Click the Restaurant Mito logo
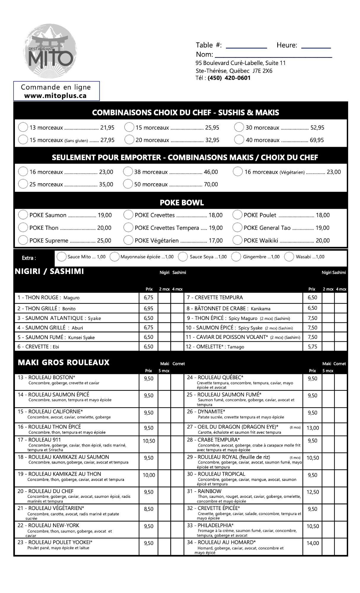50,51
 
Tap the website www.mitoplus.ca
55,96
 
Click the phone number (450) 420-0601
229,78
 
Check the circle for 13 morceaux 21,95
23,127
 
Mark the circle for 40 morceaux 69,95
239,140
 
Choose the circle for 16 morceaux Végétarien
238,171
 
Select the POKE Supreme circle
23,240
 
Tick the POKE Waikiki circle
237,240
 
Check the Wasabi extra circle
289,257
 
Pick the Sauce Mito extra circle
61,257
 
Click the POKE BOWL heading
182,203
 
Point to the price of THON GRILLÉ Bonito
149,309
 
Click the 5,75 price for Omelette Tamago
312,347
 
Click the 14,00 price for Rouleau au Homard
313,543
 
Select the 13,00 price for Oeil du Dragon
313,428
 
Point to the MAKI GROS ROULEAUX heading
63,362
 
